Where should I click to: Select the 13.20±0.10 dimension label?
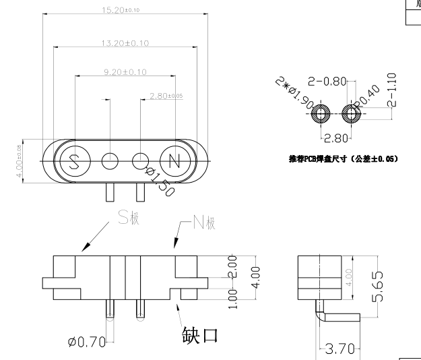(125, 43)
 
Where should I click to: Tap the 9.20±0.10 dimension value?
(125, 71)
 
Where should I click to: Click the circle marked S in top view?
(74, 162)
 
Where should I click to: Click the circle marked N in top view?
(174, 162)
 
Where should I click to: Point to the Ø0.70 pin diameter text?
(87, 342)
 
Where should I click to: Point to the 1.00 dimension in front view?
(232, 297)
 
